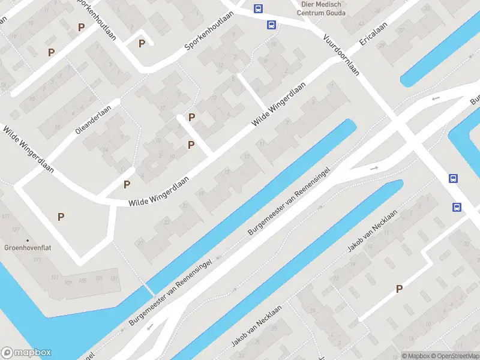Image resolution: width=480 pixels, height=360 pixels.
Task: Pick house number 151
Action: point(115,278)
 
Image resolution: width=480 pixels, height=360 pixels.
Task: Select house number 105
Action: point(82,280)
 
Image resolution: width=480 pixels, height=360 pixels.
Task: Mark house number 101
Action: point(98,280)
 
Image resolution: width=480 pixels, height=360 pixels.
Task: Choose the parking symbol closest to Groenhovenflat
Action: point(61,217)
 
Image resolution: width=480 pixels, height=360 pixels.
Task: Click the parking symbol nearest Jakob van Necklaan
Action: point(399,289)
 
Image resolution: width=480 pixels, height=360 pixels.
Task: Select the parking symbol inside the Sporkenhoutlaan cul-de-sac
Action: point(142,43)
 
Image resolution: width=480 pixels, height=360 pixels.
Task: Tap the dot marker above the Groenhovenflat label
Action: point(27,240)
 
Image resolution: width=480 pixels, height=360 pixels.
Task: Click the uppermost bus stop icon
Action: point(258,8)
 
